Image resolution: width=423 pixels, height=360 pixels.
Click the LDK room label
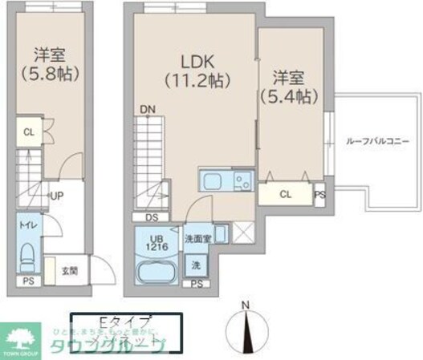tap(197, 62)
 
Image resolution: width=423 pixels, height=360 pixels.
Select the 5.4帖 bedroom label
tap(287, 87)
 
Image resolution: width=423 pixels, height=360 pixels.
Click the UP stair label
tap(57, 194)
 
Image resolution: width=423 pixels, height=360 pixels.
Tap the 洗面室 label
tap(197, 238)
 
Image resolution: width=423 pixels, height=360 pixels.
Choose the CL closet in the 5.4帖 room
tap(286, 193)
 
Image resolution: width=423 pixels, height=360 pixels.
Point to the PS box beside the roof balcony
tap(319, 193)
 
